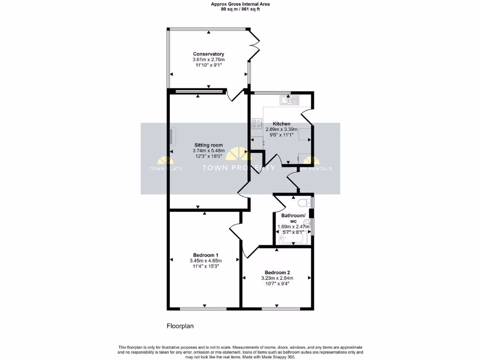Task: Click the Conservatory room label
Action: click(x=208, y=54)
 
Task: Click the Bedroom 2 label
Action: click(x=277, y=272)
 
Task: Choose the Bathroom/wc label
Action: click(x=293, y=218)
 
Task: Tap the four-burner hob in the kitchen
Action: click(x=257, y=124)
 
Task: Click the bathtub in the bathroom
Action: click(x=292, y=239)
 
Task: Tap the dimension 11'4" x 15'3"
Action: click(x=205, y=266)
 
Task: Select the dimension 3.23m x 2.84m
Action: click(x=277, y=278)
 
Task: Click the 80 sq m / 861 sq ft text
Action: click(x=240, y=9)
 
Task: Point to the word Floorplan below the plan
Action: click(x=180, y=326)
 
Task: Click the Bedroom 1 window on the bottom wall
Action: click(x=203, y=308)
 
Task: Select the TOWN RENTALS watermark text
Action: click(x=312, y=169)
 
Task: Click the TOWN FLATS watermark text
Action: click(x=162, y=169)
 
